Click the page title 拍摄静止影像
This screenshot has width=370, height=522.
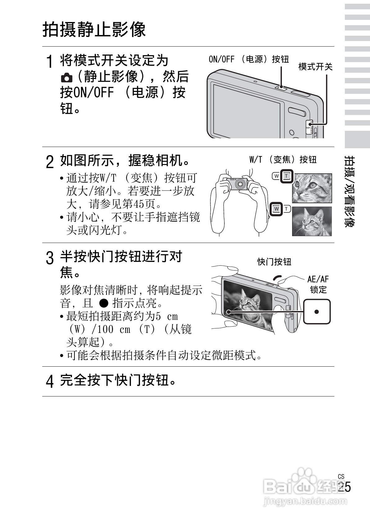(94, 30)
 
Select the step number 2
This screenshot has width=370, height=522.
(49, 162)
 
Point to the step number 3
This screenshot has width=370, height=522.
(49, 258)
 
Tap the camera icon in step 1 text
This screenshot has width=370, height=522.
(66, 77)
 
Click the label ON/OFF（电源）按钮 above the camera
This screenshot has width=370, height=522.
(249, 59)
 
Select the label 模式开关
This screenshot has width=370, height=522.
(315, 66)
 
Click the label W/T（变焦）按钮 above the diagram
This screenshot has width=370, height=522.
(283, 160)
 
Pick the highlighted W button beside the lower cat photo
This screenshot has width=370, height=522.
(276, 209)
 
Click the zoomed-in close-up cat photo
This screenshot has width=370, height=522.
(312, 188)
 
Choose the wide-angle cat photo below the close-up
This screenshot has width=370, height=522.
(312, 221)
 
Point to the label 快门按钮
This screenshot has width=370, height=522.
(274, 262)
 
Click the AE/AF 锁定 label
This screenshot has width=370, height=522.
(318, 284)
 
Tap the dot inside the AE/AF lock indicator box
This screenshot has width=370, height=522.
(316, 311)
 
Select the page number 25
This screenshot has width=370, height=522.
(344, 487)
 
